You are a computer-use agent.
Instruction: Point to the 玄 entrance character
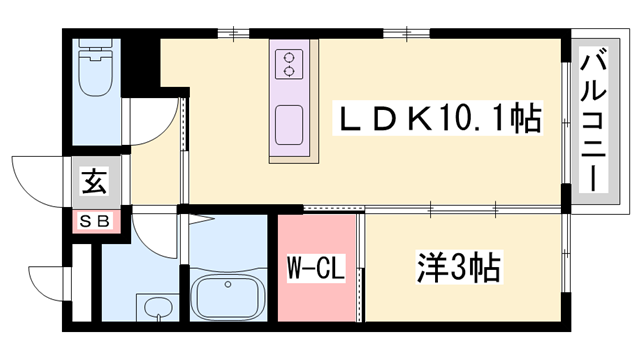tap(93, 183)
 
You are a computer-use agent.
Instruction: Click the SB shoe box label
tap(93, 220)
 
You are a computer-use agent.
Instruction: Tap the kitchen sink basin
tap(291, 124)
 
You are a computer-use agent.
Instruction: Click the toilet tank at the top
tap(97, 49)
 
